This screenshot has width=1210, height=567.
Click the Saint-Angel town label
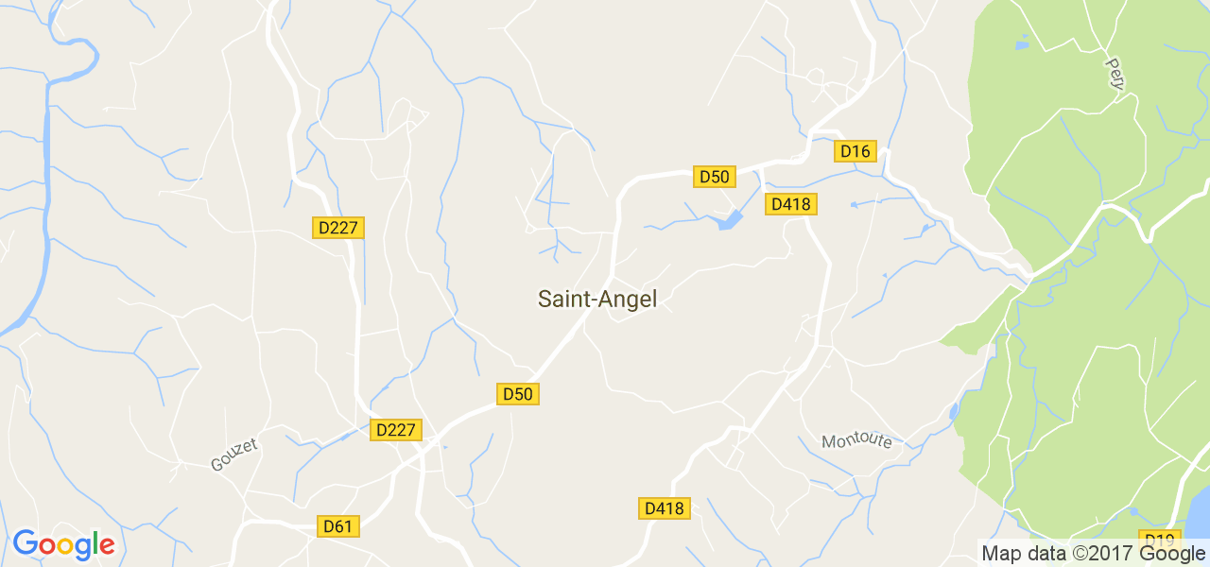[x=596, y=300]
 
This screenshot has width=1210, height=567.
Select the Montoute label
[x=856, y=441]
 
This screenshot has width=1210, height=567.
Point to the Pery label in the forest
[x=1115, y=74]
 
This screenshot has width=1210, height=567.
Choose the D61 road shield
[x=337, y=526]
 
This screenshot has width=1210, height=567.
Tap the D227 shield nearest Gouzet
[x=395, y=430]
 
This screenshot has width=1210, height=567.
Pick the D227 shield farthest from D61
[x=337, y=228]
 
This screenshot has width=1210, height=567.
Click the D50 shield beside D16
[x=715, y=177]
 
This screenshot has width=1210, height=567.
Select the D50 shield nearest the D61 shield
[x=517, y=394]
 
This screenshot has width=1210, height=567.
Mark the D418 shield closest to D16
[x=790, y=204]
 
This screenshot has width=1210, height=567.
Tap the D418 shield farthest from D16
[x=664, y=508]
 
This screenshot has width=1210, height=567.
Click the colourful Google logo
[x=63, y=545]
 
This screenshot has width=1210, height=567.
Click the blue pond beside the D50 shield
[x=730, y=221]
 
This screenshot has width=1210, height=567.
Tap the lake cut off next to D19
[x=1197, y=515]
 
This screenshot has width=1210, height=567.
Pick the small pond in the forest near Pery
[x=1021, y=44]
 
